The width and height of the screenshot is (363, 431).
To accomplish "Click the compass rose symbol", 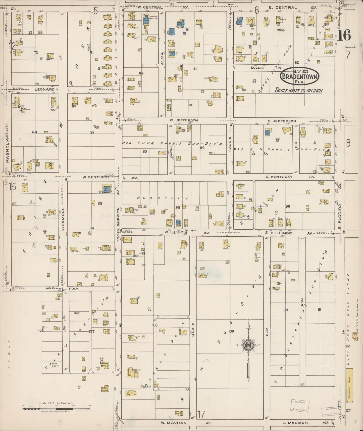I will coord(248,346).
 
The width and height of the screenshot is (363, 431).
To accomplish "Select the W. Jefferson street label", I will coord(184,120).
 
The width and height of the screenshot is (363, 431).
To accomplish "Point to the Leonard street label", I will coord(45,89).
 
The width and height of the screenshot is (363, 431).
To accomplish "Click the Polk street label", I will coord(74,289).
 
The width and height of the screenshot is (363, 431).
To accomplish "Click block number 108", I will coord(155,325).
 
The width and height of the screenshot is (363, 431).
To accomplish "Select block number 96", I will coord(288,206).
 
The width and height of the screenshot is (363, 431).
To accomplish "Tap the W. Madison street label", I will coord(174,423).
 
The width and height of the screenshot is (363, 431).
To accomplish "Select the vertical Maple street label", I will coord(193,330).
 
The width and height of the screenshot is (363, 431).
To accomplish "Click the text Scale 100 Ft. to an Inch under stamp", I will coord(299,91).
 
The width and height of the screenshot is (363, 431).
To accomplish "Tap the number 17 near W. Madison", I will coord(201,414).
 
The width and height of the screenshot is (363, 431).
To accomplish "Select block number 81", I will coord(195,68).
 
